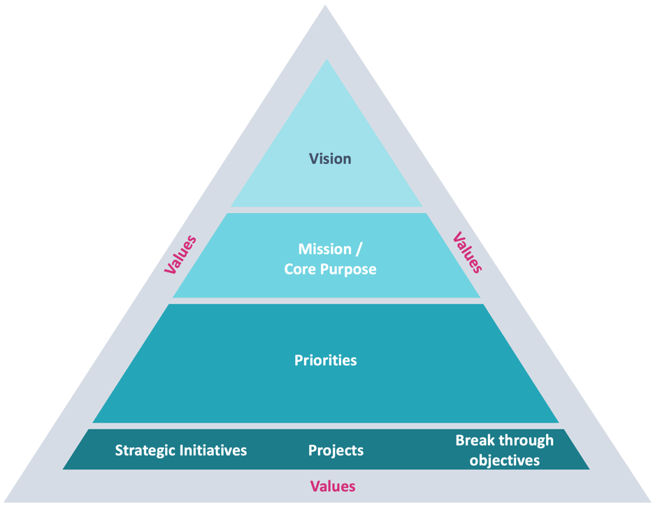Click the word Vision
(330, 159)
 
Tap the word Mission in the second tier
(324, 249)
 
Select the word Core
(300, 269)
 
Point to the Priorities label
(325, 360)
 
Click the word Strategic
(145, 450)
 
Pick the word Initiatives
(213, 450)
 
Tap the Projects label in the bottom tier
(336, 450)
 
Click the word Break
(475, 440)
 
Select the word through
(526, 441)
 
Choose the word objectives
(505, 461)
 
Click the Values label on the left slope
(180, 255)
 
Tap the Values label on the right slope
(467, 253)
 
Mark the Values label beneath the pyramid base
(333, 486)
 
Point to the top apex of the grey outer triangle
(325, 5)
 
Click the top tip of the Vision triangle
(327, 59)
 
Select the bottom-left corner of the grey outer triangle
(4, 502)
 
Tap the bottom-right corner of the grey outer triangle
(652, 502)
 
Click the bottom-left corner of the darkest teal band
(63, 469)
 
